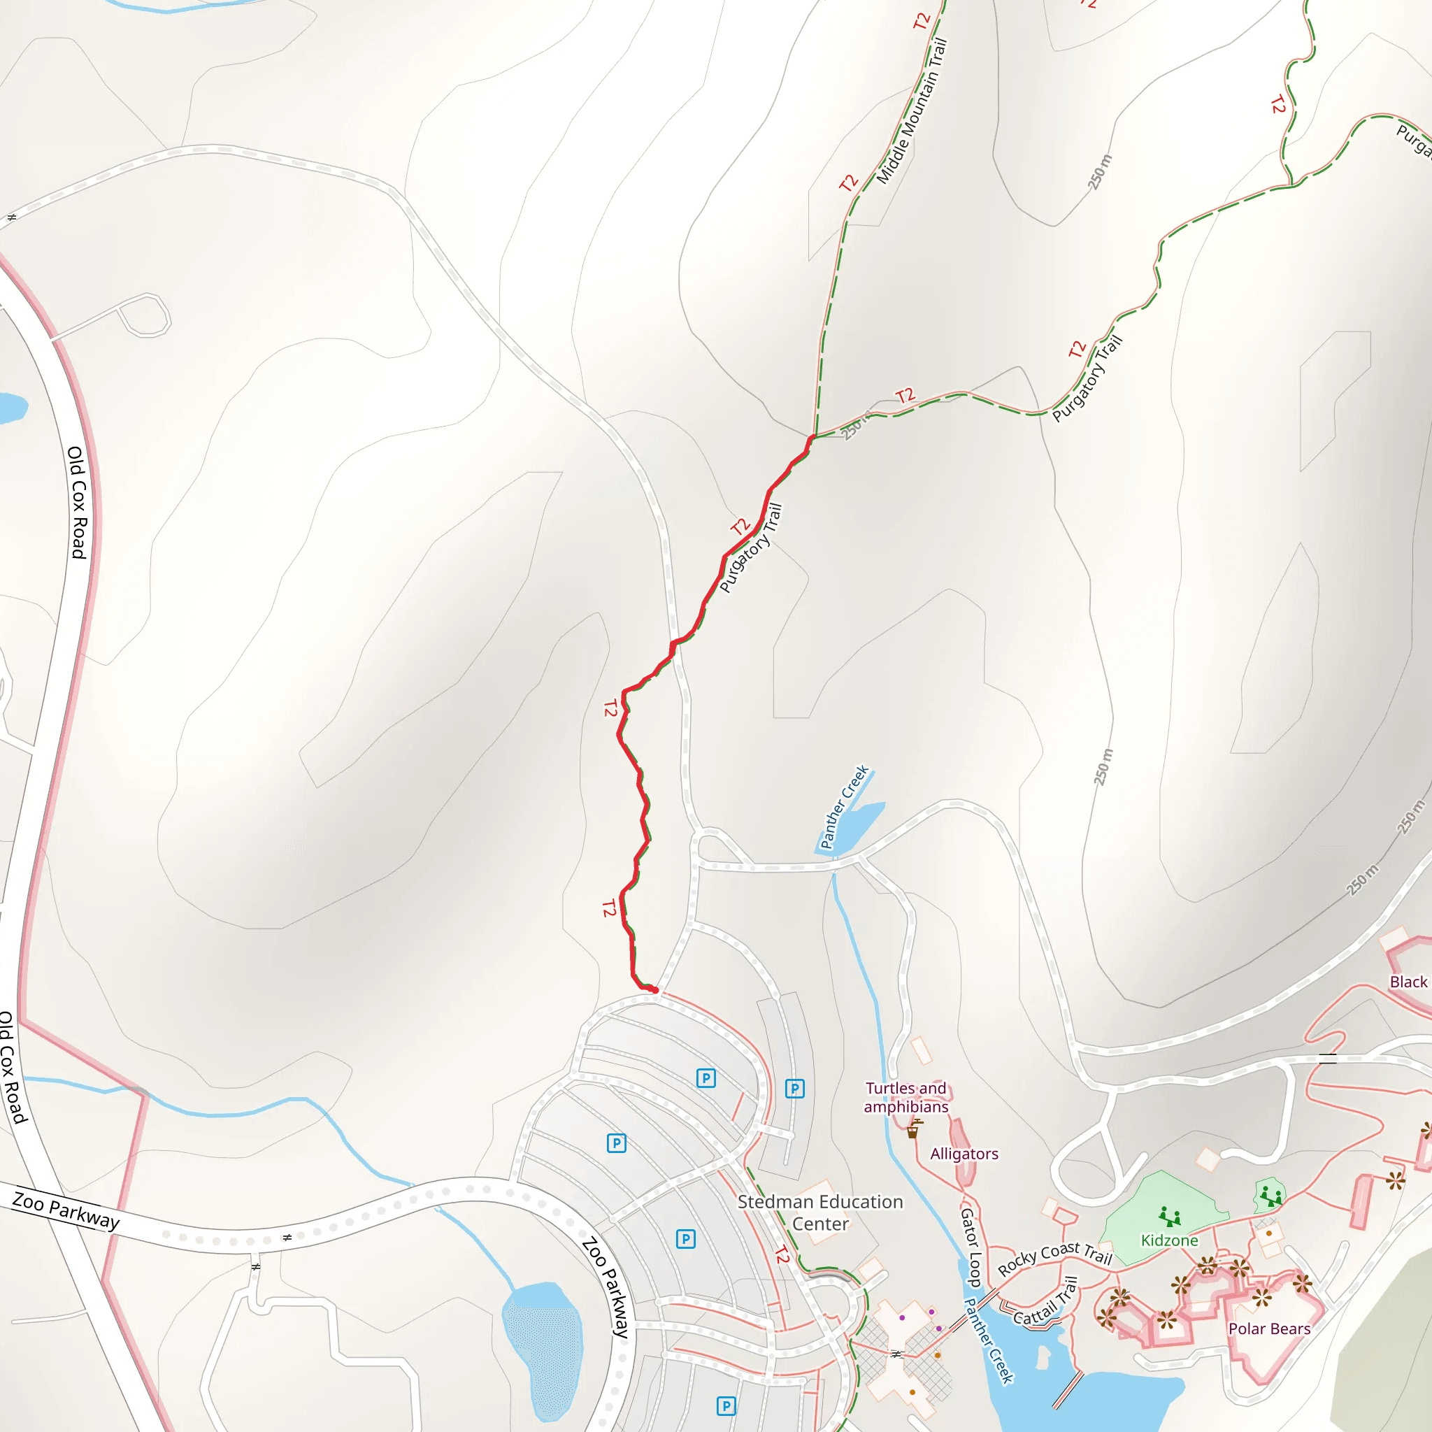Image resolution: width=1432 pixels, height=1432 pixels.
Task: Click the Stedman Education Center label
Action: (x=819, y=1212)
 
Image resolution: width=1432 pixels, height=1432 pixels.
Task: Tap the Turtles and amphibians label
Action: (x=905, y=1097)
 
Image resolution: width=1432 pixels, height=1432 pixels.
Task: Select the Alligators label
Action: (x=964, y=1153)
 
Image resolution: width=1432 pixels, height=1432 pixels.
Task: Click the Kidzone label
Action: (x=1170, y=1240)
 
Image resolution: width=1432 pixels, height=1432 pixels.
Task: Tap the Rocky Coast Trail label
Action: (x=1054, y=1258)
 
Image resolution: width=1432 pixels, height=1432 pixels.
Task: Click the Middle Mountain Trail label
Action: (x=912, y=111)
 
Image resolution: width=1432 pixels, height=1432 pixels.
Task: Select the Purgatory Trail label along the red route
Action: (x=751, y=548)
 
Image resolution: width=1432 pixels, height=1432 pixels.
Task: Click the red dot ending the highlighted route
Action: (x=654, y=990)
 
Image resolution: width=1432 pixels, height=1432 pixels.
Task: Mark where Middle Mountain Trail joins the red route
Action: (x=814, y=436)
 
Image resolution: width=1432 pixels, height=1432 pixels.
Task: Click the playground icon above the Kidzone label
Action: (x=1170, y=1217)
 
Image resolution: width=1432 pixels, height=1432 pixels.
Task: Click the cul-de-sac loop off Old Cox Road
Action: (x=145, y=316)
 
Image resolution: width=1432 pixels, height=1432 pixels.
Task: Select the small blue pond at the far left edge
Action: (x=10, y=408)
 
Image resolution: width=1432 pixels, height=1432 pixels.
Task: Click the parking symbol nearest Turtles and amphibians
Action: (x=794, y=1089)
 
